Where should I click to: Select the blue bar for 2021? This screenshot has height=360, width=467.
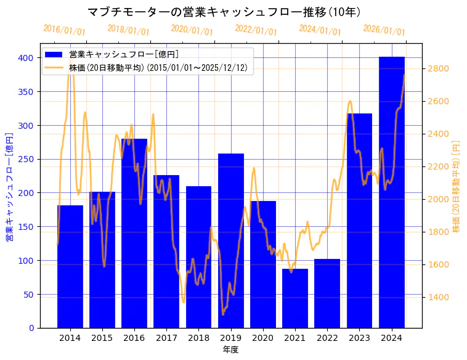coord(295,298)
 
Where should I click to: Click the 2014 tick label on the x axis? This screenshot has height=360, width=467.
coord(70,338)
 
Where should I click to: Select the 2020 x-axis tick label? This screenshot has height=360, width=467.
coord(263,338)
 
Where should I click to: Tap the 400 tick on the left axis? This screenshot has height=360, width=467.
coord(26,58)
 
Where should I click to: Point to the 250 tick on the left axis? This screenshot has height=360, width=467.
coord(26,159)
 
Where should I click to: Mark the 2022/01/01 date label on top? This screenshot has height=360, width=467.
coord(256,30)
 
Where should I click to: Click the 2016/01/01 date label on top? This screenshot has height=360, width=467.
coord(64,30)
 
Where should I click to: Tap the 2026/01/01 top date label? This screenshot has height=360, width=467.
coord(384,30)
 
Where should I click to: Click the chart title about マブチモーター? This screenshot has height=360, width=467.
coord(224,12)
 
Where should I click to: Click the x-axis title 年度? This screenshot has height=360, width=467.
coord(231,350)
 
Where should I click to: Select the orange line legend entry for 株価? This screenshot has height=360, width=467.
coord(54,68)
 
